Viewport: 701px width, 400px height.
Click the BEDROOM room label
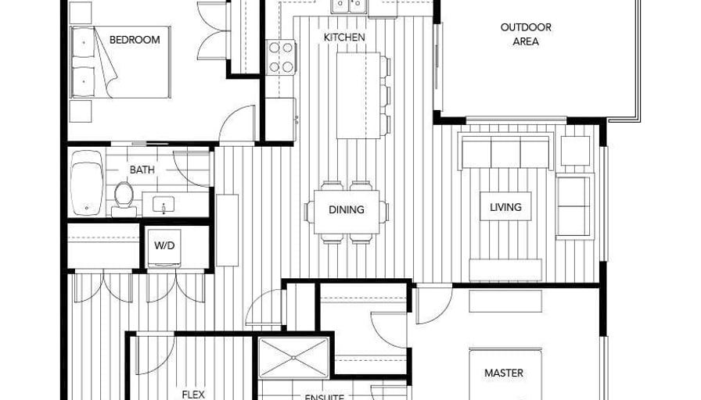coord(135,40)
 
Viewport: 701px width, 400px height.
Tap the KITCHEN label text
coord(344,37)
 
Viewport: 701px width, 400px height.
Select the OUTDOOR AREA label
coord(526,34)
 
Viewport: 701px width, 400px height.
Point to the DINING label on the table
coord(347,209)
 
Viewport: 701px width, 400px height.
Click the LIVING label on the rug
coord(505,207)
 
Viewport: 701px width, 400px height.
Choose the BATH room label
coord(142,170)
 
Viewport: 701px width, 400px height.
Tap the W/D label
coord(164,245)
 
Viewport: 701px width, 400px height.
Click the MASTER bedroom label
coord(504,373)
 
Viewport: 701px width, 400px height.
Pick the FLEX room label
coord(193,395)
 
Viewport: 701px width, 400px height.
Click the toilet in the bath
coord(124,198)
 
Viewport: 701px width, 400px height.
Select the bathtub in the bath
coord(87,183)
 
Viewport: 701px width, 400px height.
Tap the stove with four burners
coord(281,57)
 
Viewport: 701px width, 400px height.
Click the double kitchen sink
coord(349,5)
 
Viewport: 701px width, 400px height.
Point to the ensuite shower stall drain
coord(293,357)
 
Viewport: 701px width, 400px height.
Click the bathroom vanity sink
coord(164,205)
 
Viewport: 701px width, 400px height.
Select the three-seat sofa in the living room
coord(505,152)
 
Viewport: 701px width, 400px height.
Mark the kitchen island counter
coord(358,95)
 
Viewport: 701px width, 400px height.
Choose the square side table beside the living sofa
coord(575,151)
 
